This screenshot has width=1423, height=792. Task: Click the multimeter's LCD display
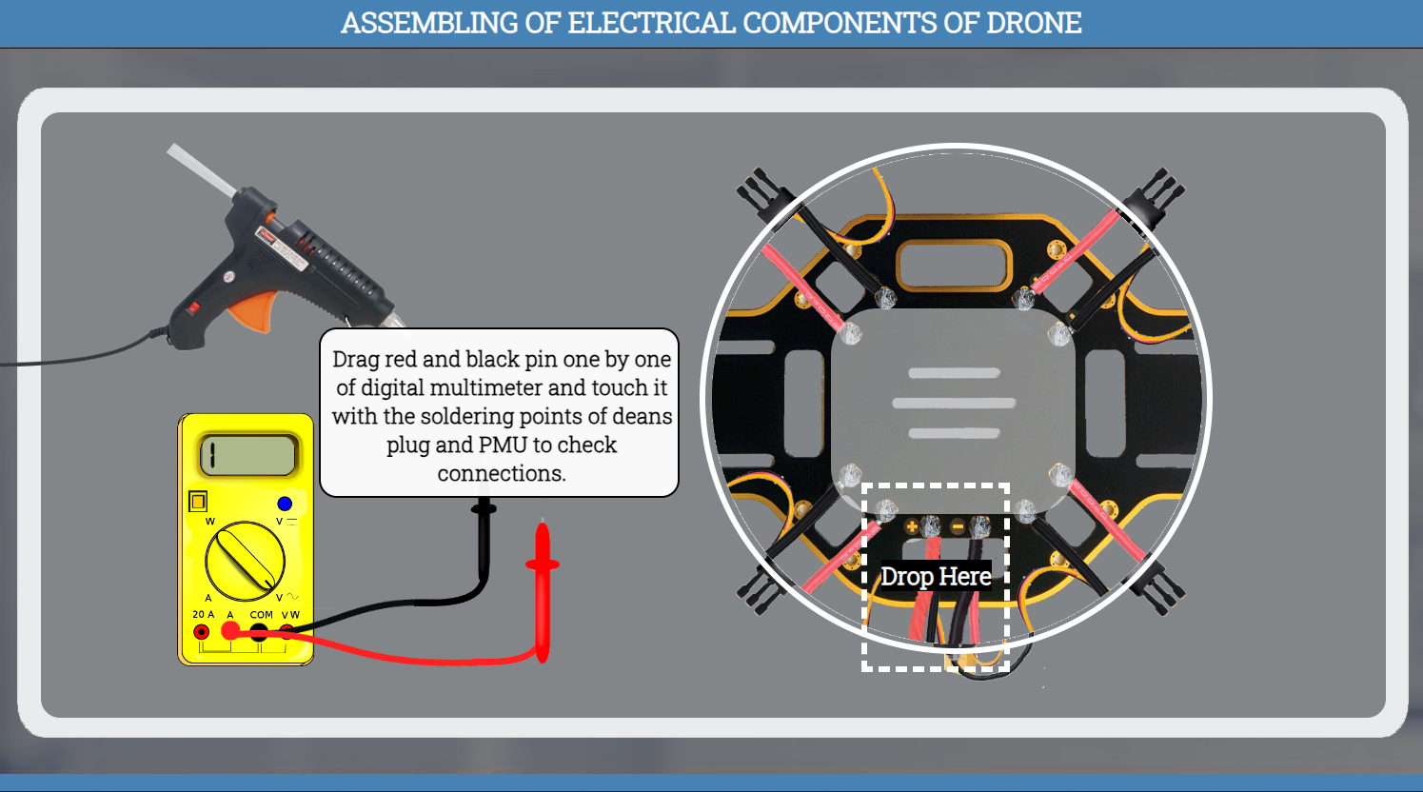(x=247, y=455)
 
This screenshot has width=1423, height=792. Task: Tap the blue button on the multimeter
(x=285, y=504)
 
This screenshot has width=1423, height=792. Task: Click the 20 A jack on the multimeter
(x=202, y=632)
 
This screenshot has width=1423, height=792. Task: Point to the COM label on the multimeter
(x=262, y=615)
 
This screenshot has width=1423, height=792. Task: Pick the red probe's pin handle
(x=543, y=590)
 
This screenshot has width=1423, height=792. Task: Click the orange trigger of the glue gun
(x=252, y=310)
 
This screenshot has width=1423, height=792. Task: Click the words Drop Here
(x=936, y=577)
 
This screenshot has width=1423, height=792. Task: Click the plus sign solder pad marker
(x=911, y=526)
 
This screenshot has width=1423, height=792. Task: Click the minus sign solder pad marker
(x=958, y=526)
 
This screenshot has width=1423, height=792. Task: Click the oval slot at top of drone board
(x=954, y=264)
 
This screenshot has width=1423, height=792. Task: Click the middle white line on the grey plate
(x=954, y=403)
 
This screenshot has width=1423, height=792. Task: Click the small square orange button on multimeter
(x=198, y=501)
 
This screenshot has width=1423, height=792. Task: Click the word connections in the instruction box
(x=501, y=473)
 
